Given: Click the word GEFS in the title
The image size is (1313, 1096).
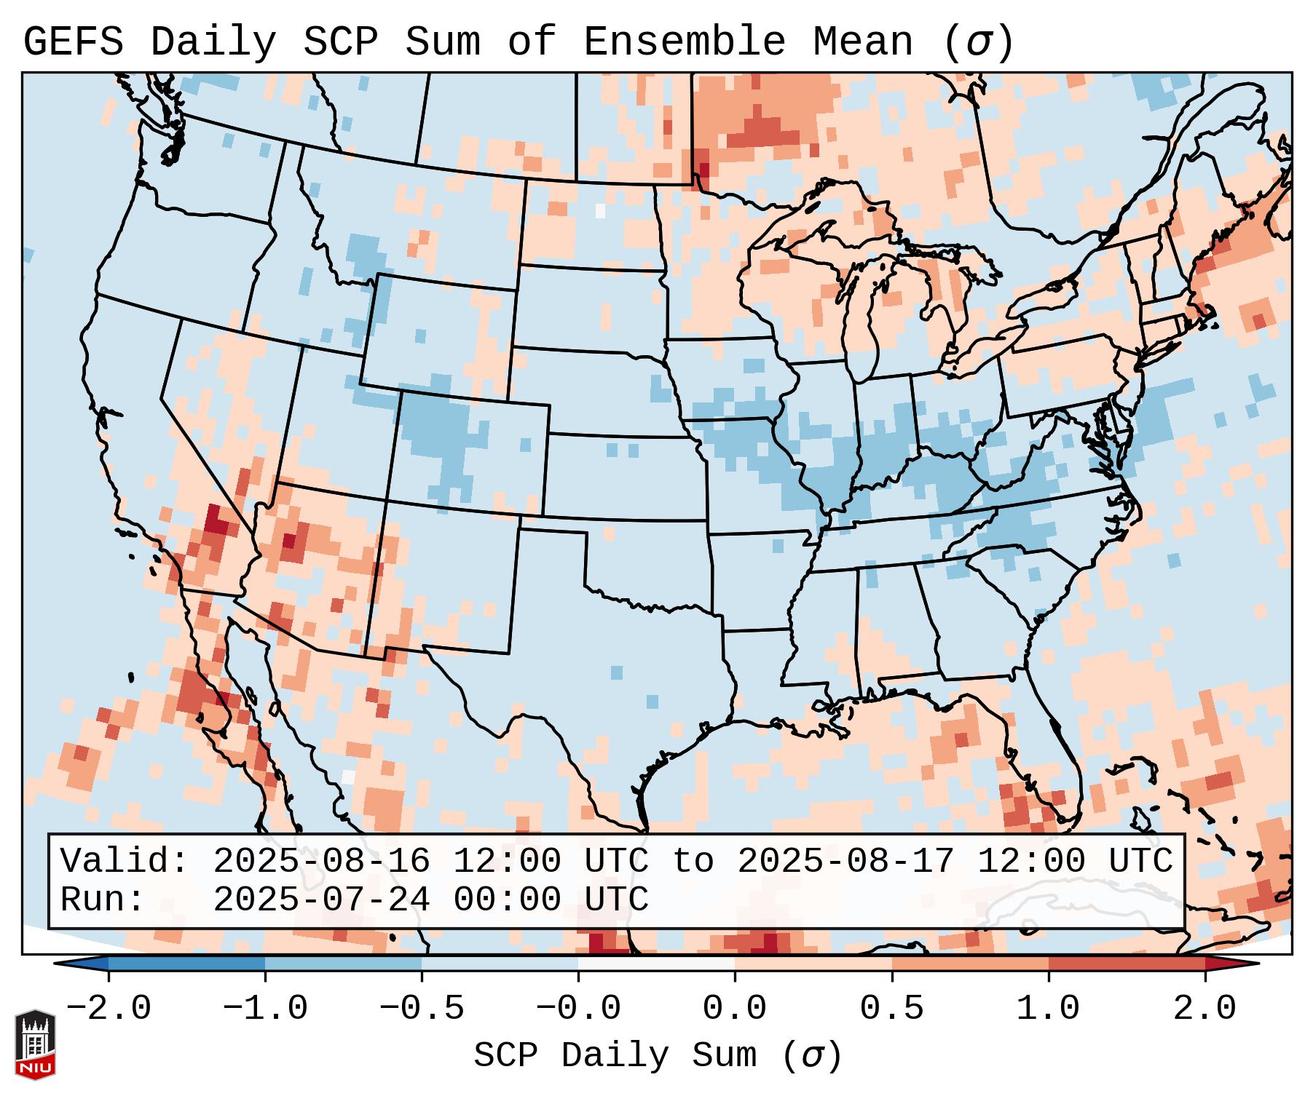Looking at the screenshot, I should pos(73,42).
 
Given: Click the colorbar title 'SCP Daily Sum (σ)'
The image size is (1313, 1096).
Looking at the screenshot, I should pos(658,1056).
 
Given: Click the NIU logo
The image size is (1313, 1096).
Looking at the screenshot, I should pos(35,1044).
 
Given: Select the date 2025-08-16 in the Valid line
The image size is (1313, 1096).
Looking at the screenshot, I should pos(322,862).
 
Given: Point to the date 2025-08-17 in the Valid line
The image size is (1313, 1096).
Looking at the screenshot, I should pos(846,862).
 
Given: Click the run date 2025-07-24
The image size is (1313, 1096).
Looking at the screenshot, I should pos(322,900).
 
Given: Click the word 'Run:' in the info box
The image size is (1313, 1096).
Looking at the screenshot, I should pos(103,900).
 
